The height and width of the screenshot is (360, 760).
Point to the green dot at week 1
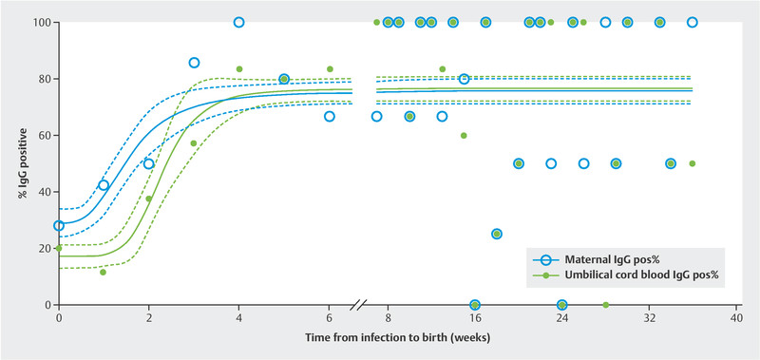coord(103,273)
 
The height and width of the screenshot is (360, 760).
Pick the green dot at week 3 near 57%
coord(194,143)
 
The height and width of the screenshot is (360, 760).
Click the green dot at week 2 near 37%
coord(148,199)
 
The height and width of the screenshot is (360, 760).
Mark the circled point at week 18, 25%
coord(496,234)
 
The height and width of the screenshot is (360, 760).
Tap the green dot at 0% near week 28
coord(605,305)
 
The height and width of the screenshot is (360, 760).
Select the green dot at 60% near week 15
coord(464,136)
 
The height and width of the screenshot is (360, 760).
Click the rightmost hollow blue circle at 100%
coord(693,22)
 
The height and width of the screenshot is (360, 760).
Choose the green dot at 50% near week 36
coord(693,163)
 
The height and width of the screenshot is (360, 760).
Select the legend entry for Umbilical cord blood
coord(625,275)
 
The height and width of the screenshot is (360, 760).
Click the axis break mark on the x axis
coord(359,305)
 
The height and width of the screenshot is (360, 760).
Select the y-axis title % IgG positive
coord(23,163)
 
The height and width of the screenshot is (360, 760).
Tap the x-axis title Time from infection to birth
coord(397,337)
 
